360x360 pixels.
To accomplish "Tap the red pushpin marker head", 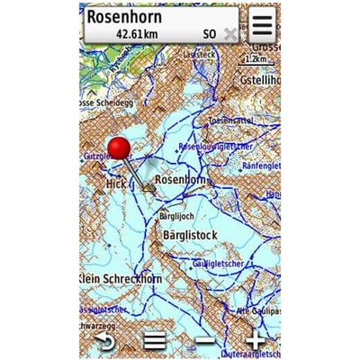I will [119, 149].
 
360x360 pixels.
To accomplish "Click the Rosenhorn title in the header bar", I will [134, 15].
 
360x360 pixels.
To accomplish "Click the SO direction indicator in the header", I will [210, 33].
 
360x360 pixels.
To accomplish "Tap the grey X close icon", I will [230, 33].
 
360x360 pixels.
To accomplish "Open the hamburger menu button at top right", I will [262, 23].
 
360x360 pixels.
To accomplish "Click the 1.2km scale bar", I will [256, 58].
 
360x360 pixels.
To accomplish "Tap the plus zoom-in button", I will [256, 341].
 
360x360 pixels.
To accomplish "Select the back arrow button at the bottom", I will [106, 341].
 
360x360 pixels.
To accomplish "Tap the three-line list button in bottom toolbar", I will [156, 341].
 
